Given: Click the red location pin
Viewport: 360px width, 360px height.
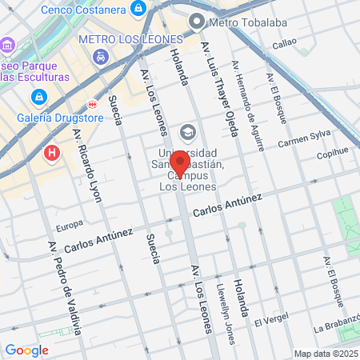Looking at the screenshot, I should pos(179,163).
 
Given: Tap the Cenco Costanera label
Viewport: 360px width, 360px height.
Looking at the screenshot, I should pos(83,8).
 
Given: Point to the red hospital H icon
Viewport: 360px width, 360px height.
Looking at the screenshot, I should pos(53,151).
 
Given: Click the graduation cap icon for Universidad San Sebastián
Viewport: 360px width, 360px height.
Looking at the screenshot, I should pos(188,130).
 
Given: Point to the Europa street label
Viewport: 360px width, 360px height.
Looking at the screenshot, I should pos(70,224).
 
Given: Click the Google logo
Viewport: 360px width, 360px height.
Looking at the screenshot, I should pos(27,350).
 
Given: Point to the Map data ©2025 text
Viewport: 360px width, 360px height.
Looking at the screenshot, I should pos(324,354).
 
